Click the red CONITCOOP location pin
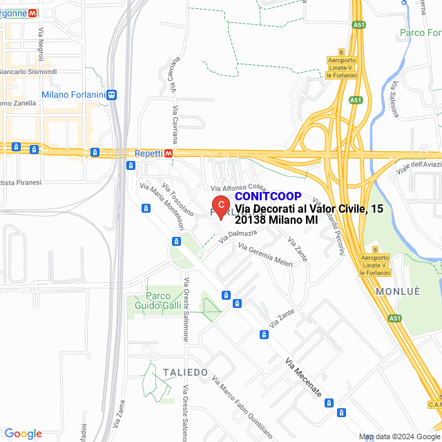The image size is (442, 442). (x=220, y=206)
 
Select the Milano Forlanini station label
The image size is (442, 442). (x=73, y=95)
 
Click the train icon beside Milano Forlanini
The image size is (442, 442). (x=112, y=95)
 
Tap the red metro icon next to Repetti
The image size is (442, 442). (x=169, y=153)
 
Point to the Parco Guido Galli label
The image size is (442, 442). (x=148, y=301)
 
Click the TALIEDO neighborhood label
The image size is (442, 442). (x=185, y=372)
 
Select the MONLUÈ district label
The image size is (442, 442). (x=398, y=291)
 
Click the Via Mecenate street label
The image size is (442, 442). (x=304, y=376)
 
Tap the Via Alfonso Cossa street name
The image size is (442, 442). (x=238, y=188)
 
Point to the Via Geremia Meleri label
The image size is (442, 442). (x=266, y=258)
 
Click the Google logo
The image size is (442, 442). (x=23, y=434)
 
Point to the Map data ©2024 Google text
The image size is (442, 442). (x=398, y=436)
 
